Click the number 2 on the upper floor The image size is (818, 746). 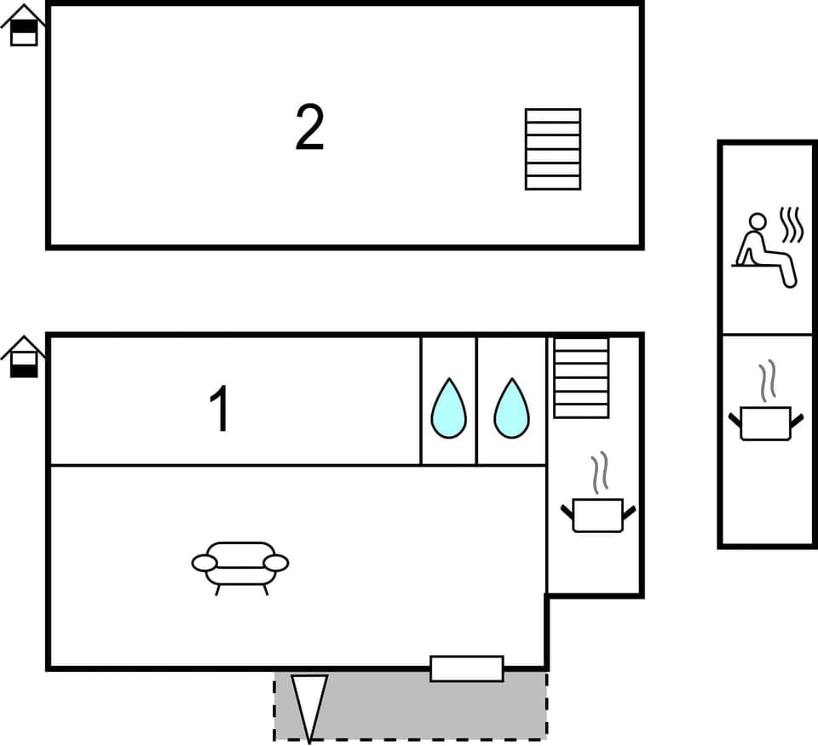coord(310,128)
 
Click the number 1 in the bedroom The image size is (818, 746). coord(220,409)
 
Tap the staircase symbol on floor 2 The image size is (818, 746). coord(553,149)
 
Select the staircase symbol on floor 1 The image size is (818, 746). coord(581,377)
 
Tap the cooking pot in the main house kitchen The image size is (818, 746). coord(598,514)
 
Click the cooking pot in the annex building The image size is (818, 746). coord(766,422)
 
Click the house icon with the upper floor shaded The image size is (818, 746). coord(24,26)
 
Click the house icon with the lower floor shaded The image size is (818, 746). coord(24,357)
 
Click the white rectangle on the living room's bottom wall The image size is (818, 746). coord(466,669)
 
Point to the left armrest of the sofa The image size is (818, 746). coord(204,563)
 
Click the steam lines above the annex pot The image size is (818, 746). coord(768,381)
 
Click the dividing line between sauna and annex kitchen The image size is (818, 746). coord(767,335)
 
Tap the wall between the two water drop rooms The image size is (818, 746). coord(476,400)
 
